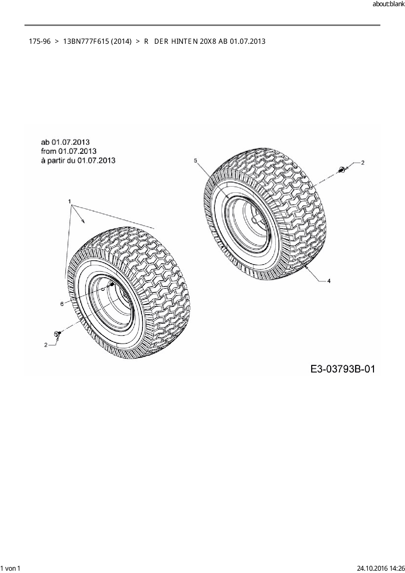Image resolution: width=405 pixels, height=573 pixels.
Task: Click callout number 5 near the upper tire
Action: (195, 160)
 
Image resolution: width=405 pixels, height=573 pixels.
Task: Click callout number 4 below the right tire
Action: (329, 281)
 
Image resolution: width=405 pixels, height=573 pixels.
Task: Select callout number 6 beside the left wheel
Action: (62, 304)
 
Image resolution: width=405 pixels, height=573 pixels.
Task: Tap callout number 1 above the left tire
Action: (70, 201)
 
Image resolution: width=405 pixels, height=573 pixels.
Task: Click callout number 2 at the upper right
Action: (363, 163)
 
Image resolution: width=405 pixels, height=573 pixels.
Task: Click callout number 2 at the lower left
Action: (46, 345)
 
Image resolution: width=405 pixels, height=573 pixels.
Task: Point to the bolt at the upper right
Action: (342, 170)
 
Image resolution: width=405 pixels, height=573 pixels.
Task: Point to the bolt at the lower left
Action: (57, 334)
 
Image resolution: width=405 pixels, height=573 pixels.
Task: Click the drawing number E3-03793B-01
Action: (343, 369)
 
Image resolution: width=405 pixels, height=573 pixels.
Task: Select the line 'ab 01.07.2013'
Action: (65, 142)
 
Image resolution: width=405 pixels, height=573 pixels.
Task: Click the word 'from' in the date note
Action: (49, 151)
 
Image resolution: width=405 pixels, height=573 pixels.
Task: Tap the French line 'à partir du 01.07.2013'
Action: (78, 160)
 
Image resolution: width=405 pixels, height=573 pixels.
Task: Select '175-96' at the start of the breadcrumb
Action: (40, 41)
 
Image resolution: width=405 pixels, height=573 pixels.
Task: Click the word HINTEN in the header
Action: (185, 41)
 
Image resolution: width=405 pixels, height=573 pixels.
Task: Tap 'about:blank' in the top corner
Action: (388, 4)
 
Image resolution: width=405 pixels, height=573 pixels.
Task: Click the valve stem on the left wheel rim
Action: (112, 285)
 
